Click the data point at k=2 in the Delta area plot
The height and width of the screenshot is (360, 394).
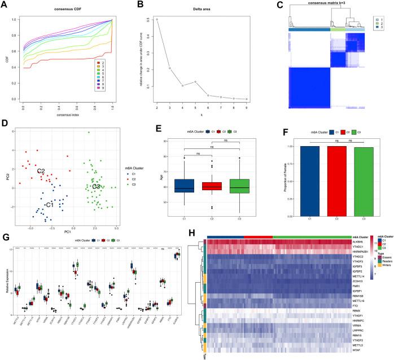[156, 19]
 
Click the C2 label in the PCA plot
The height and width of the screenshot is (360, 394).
[41, 171]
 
